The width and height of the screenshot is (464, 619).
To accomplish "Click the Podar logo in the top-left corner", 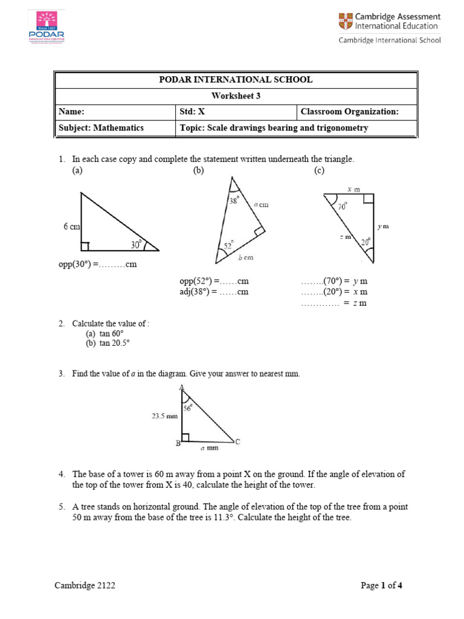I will click(46, 27).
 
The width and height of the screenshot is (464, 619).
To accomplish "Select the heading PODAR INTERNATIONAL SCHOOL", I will click(236, 80).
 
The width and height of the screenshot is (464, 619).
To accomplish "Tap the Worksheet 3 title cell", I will click(236, 96).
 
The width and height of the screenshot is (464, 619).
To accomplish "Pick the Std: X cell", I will click(193, 112).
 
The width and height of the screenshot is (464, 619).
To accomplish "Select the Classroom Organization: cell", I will click(350, 112).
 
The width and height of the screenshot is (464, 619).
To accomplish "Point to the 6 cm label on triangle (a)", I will click(71, 227).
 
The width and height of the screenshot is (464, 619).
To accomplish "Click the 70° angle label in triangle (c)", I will click(342, 207).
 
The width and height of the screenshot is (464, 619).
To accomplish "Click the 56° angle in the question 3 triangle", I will click(188, 408).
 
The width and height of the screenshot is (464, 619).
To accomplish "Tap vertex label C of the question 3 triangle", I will click(237, 442).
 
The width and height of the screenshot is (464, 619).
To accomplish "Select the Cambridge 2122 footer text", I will click(85, 585).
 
